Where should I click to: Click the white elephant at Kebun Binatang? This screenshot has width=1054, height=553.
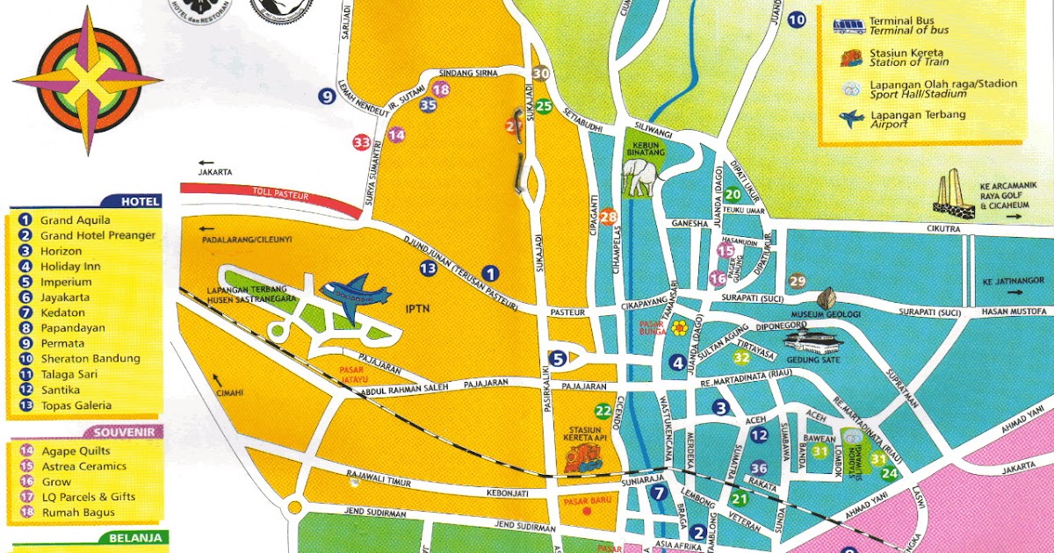(x=641, y=176)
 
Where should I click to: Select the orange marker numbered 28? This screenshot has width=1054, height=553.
(x=608, y=217)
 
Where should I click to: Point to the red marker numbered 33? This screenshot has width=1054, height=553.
(x=361, y=142)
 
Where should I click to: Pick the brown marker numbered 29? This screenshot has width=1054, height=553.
(x=797, y=281)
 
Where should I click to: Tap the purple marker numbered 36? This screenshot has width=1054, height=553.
(x=759, y=469)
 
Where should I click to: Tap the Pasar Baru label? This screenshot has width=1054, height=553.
(x=582, y=503)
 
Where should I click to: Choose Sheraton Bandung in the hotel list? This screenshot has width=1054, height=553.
(x=90, y=358)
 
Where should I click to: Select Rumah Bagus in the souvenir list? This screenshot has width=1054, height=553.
(x=77, y=513)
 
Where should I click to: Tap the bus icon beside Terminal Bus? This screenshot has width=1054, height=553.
(x=848, y=25)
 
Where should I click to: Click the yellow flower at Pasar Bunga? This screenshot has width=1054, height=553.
(x=680, y=327)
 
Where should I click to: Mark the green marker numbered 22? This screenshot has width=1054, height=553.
(x=603, y=410)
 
